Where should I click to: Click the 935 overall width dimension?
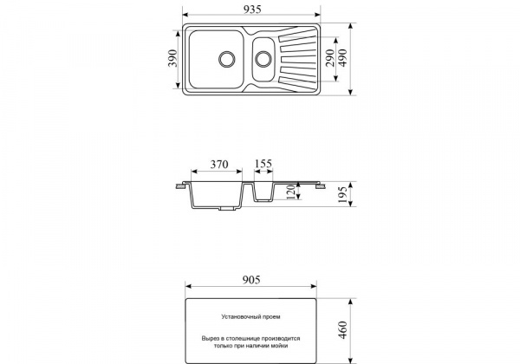[252, 10]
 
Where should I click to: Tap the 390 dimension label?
[172, 58]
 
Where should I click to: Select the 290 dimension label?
[330, 58]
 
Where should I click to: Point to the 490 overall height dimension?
[342, 58]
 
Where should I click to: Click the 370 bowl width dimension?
[219, 164]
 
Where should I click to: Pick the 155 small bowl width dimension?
[263, 164]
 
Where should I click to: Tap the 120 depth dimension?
[290, 192]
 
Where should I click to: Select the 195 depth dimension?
[342, 195]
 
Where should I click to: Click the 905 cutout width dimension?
[251, 280]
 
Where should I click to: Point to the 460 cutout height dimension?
[342, 330]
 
